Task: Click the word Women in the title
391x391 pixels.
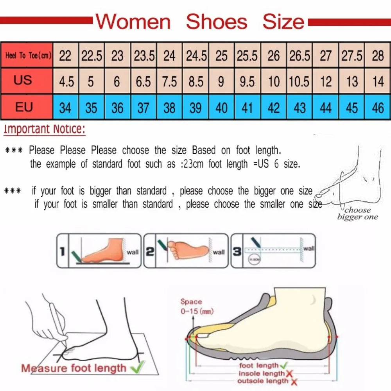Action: [x=133, y=21]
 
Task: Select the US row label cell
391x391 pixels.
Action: [x=23, y=81]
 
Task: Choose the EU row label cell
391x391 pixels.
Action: [x=24, y=107]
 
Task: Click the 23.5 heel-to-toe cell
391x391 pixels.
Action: [x=143, y=56]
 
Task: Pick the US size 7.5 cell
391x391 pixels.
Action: [x=169, y=81]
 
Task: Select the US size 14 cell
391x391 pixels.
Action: [x=378, y=81]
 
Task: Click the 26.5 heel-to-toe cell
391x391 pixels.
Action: [x=300, y=56]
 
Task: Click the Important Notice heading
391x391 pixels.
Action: [x=44, y=129]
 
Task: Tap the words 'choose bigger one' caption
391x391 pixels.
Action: [x=357, y=213]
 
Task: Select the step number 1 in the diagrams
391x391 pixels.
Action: [x=62, y=251]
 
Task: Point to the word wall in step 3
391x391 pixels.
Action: [x=309, y=248]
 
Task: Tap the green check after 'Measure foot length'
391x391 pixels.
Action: [x=136, y=367]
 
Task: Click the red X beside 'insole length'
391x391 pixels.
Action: [x=289, y=373]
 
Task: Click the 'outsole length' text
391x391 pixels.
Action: [x=263, y=381]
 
